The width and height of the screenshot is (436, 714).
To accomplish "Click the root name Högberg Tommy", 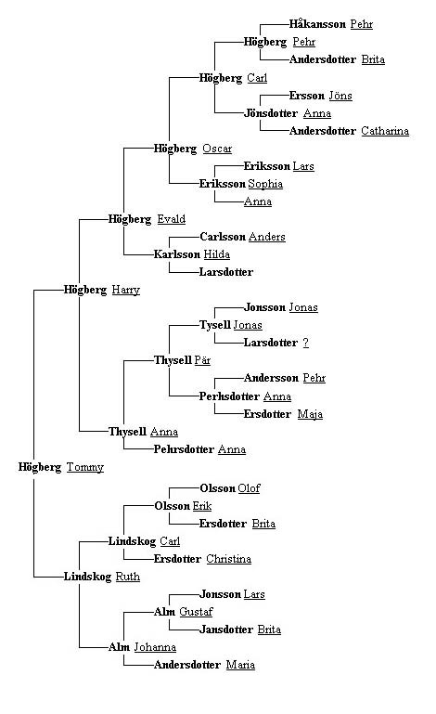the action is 61,467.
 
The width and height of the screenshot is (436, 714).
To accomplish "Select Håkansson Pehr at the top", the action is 331,24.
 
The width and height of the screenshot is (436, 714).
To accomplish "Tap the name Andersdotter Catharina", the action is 349,131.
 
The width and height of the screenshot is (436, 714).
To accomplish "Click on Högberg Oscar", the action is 193,149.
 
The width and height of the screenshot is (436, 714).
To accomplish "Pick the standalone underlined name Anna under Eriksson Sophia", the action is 258,201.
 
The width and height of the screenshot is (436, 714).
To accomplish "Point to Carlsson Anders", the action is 242,237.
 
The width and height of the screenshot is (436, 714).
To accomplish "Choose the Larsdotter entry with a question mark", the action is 276,343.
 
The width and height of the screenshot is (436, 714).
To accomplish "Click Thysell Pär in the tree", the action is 182,360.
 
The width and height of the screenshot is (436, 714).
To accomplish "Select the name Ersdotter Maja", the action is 283,414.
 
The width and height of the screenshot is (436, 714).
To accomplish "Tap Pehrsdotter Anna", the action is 199,449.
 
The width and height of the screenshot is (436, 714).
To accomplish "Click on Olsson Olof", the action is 230,488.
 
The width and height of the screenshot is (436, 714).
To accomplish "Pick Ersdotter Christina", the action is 202,559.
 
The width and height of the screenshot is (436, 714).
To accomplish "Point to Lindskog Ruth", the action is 102,577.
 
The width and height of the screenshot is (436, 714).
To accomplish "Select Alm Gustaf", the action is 184,612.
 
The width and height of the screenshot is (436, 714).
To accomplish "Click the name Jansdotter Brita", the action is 240,630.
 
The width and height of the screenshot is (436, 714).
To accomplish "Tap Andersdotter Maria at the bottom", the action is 204,665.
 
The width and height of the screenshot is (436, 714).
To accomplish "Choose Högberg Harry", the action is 102,290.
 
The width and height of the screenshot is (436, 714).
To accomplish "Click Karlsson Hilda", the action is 192,254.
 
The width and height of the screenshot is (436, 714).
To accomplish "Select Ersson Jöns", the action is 321,96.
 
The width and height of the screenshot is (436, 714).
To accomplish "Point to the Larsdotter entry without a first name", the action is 226,272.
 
